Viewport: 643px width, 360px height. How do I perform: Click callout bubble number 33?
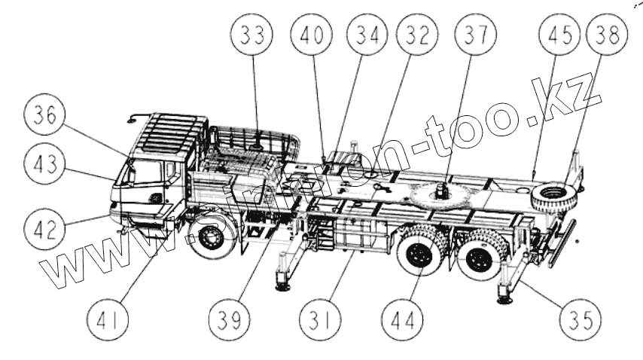pos(252,36)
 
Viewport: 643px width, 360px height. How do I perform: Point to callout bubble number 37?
pos(475,36)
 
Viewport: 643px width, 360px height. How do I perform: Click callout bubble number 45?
pos(556,36)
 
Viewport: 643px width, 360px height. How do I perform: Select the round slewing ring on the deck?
pos(437,195)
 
